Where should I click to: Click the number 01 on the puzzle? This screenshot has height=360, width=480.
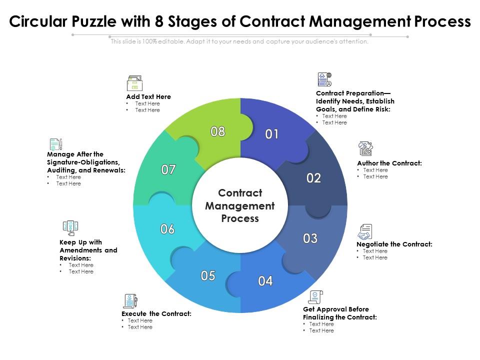tap(271, 134)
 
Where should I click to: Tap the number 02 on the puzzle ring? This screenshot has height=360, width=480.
tap(313, 178)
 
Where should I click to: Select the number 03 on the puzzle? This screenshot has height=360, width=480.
tap(310, 238)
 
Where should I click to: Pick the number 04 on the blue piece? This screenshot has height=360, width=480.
tap(265, 281)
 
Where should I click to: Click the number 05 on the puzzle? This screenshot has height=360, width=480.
tap(208, 275)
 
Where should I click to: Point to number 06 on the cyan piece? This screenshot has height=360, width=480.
tap(167, 229)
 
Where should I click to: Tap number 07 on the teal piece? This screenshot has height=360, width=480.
tap(168, 170)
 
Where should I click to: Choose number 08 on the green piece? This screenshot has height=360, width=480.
tap(217, 131)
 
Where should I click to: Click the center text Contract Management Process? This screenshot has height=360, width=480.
tap(240, 205)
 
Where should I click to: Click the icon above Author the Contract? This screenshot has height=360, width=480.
tap(365, 148)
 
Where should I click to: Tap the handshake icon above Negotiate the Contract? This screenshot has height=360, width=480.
tap(364, 232)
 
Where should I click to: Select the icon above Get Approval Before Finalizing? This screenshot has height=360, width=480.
tap(315, 297)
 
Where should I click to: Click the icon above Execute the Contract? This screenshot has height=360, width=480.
tap(129, 301)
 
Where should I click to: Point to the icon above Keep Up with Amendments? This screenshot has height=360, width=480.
tap(70, 228)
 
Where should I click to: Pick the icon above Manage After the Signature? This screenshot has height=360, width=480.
tap(55, 144)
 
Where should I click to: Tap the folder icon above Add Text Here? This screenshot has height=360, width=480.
tap(134, 83)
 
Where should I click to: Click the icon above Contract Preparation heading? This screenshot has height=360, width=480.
tap(324, 79)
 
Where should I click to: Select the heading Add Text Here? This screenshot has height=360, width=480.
tap(148, 96)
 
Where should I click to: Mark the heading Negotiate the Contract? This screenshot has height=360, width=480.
tap(394, 244)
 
